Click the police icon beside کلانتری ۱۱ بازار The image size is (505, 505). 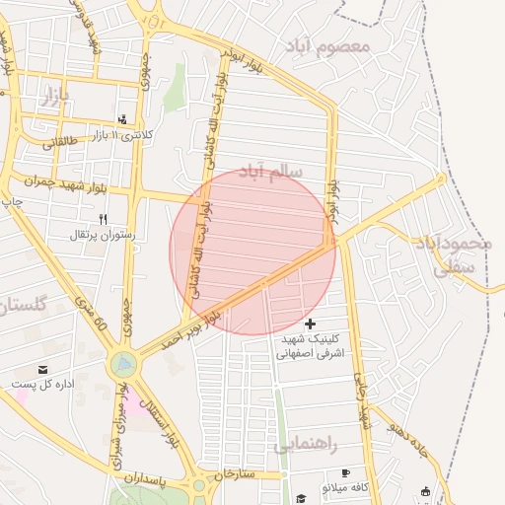(x=123, y=117)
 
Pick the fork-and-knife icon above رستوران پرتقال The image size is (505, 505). (x=104, y=218)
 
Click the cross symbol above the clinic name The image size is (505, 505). (x=311, y=324)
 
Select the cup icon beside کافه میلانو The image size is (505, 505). (x=346, y=473)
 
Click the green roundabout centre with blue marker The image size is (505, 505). (x=122, y=365)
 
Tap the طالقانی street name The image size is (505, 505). (x=59, y=141)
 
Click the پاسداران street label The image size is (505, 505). (x=147, y=476)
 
